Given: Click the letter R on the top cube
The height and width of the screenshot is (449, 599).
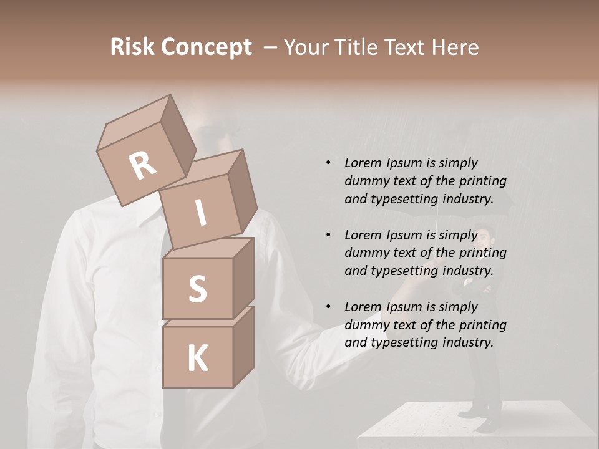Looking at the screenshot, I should pyautogui.click(x=142, y=165).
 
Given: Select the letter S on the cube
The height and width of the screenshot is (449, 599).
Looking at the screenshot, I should pyautogui.click(x=197, y=289).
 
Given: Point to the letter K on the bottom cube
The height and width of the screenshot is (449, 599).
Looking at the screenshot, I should pyautogui.click(x=197, y=359).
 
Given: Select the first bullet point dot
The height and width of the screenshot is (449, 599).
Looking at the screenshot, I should pyautogui.click(x=328, y=163).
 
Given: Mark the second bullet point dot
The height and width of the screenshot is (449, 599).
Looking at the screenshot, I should pyautogui.click(x=328, y=235).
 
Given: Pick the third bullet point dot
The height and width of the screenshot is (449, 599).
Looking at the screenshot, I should pyautogui.click(x=328, y=307).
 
